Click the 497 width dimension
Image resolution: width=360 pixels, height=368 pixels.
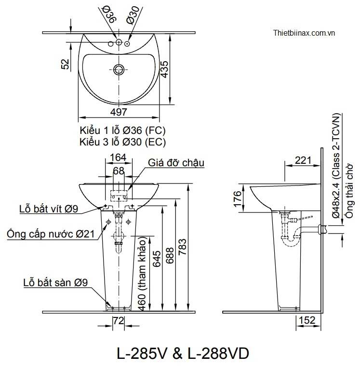click(119, 112)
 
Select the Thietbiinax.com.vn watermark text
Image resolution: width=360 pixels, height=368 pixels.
click(304, 33)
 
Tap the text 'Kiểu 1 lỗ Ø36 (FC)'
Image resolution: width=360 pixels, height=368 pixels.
click(123, 131)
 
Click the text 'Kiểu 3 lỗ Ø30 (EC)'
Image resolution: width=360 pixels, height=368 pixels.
click(123, 142)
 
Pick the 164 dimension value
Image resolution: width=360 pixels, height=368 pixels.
click(118, 157)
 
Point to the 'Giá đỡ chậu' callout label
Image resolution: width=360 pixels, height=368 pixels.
click(176, 163)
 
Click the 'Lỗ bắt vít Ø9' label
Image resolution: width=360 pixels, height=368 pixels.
click(48, 209)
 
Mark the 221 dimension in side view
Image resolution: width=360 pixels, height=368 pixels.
click(303, 160)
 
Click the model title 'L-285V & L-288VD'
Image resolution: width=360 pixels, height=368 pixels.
click(183, 354)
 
